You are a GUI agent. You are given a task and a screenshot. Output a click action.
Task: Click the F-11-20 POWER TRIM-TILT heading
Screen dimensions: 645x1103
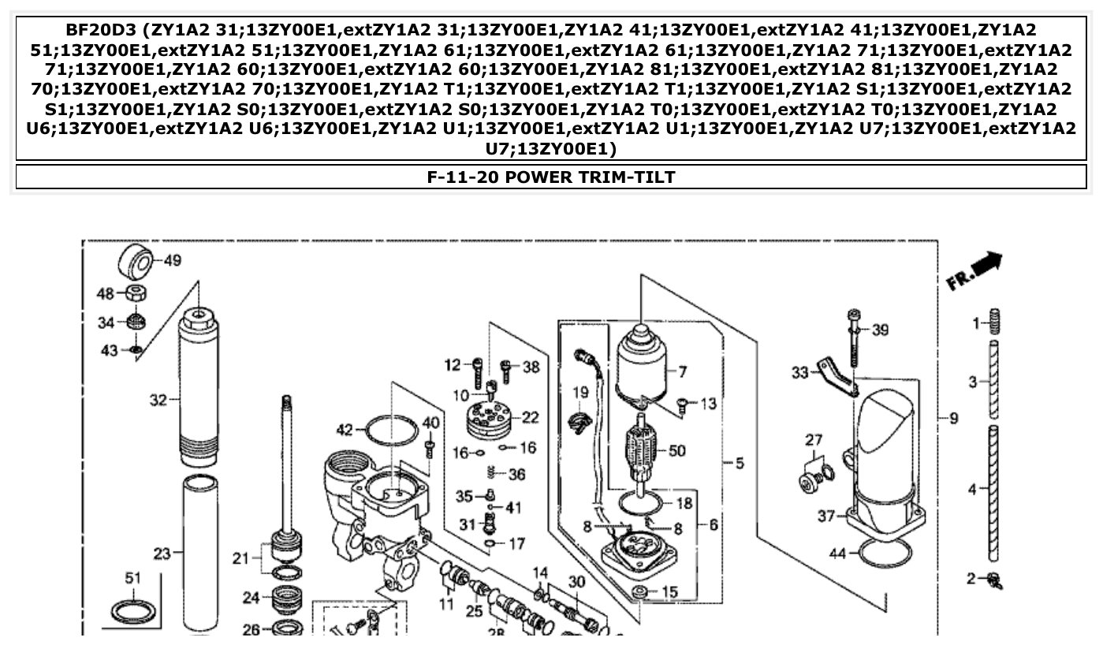click(550, 177)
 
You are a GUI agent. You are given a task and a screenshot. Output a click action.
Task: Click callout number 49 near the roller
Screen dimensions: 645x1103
click(173, 261)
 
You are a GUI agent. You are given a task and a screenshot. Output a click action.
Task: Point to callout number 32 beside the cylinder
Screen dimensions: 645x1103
click(158, 400)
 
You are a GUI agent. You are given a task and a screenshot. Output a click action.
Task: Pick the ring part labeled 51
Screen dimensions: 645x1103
click(132, 611)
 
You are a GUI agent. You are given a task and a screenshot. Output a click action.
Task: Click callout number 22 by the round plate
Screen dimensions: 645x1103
click(531, 417)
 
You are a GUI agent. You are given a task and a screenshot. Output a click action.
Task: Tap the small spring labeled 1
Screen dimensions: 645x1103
click(994, 322)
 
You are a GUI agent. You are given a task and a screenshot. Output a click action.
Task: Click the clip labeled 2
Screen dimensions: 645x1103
click(996, 582)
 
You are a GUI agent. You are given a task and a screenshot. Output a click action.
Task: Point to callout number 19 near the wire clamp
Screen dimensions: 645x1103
click(579, 392)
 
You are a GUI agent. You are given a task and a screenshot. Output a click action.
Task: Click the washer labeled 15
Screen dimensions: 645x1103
click(640, 591)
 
